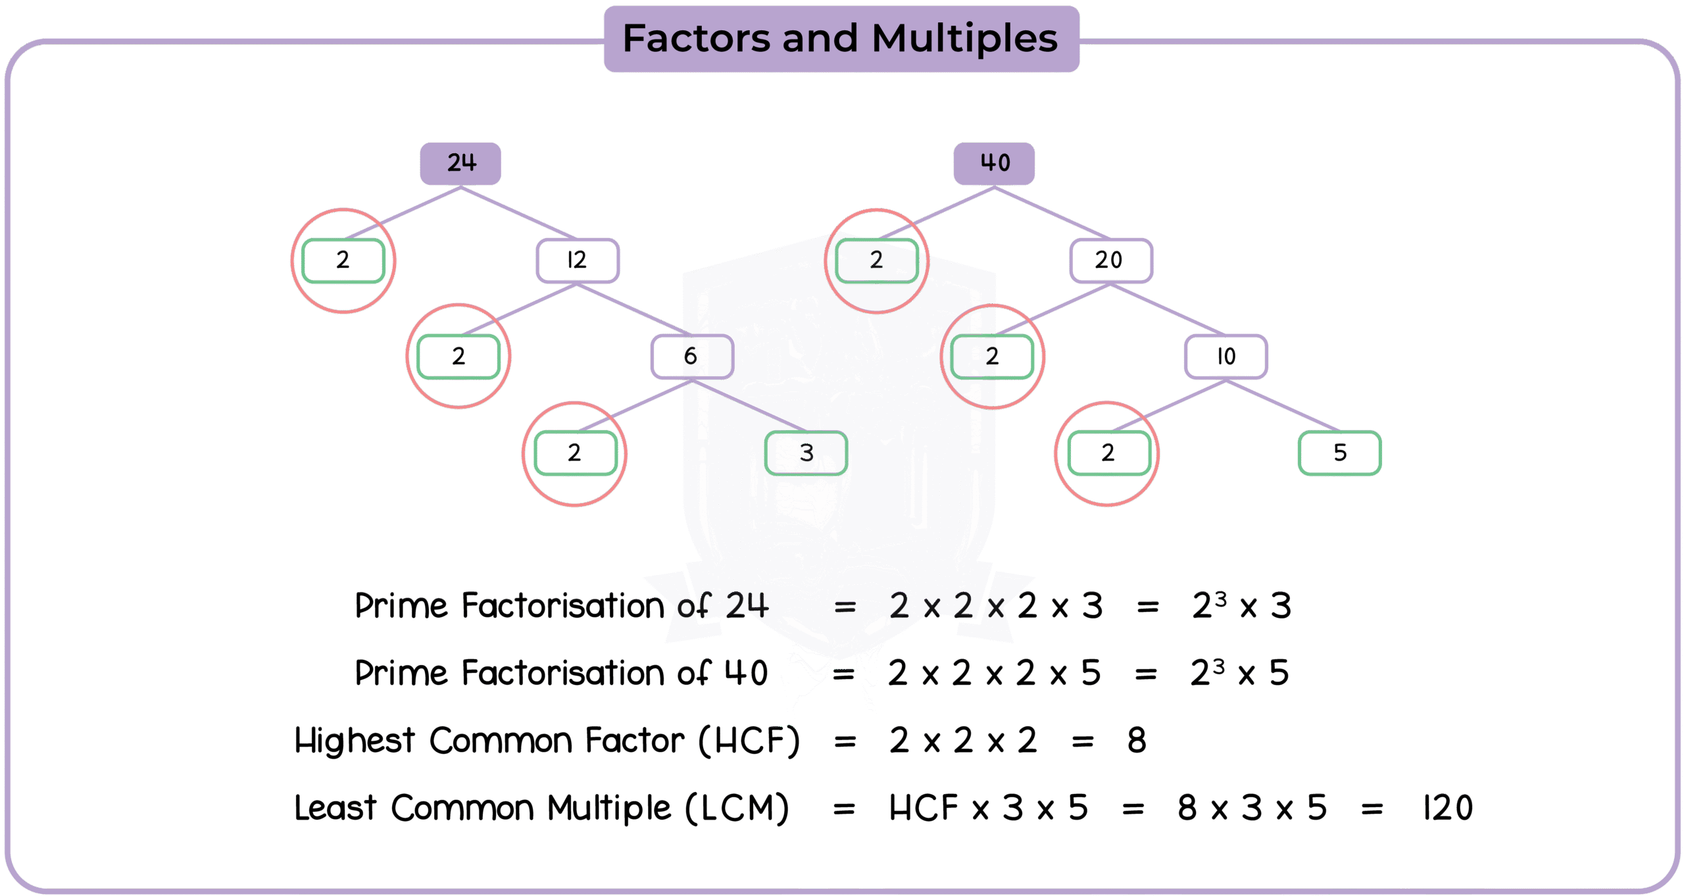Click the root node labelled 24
[460, 163]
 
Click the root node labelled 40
[994, 163]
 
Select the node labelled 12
[577, 261]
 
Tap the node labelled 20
[1110, 261]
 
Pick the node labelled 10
[1226, 357]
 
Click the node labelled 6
[692, 357]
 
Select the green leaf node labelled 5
[1340, 453]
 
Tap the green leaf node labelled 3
[806, 453]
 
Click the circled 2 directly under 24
[343, 261]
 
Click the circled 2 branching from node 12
[458, 357]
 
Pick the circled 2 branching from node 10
[1108, 453]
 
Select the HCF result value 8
[1137, 741]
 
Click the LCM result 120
[1448, 808]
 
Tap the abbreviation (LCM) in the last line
[737, 808]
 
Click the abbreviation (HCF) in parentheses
[749, 741]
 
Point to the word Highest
[355, 741]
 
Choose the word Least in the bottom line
[335, 808]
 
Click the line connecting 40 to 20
[1052, 212]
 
